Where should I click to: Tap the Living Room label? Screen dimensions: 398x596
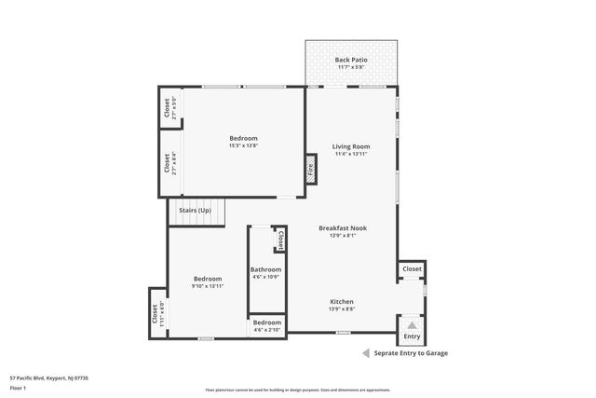pos(351,146)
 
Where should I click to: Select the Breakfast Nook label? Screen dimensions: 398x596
pos(342,228)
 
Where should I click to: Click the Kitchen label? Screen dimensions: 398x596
pos(342,301)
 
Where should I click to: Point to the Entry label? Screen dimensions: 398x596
pos(412,336)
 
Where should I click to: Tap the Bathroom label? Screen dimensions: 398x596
pos(265,269)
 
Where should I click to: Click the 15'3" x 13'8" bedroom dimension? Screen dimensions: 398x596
pos(243,145)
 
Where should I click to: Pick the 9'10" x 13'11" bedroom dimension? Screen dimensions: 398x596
pos(207,286)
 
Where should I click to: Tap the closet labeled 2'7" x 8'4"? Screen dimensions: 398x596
pos(169,163)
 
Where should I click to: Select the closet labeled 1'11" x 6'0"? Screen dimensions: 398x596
pos(157,312)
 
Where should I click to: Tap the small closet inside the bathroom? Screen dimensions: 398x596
pos(279,240)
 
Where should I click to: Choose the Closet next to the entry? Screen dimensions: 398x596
pos(412,269)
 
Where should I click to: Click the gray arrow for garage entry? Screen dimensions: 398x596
pos(366,353)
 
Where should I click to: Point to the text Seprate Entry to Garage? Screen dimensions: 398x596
pos(411,353)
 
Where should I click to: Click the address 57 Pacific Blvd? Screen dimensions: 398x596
pos(48,378)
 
